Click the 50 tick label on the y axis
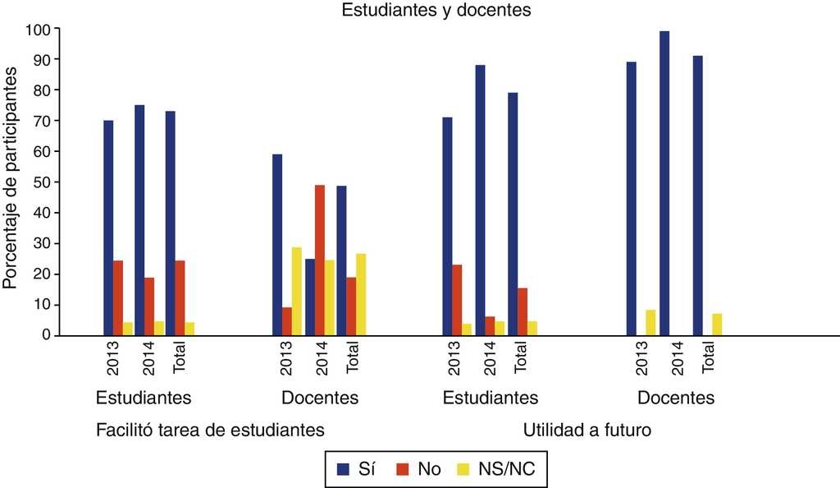(41, 182)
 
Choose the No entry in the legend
(418, 468)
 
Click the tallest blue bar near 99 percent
(664, 183)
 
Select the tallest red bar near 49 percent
(319, 260)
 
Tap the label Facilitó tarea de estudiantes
(210, 430)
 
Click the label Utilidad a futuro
(587, 430)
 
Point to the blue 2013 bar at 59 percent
(277, 244)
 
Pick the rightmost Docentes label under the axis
(675, 398)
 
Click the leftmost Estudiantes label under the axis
(144, 398)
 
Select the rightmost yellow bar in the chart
(716, 325)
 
